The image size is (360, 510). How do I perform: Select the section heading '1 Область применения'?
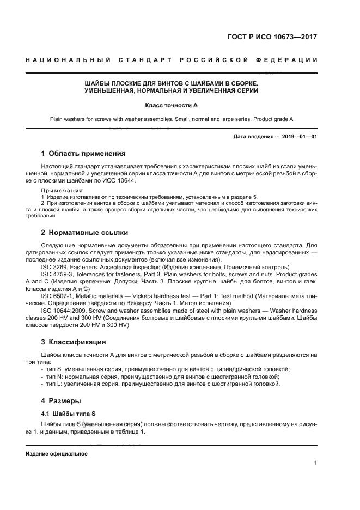(x=83, y=153)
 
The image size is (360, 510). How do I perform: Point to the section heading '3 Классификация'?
(x=74, y=342)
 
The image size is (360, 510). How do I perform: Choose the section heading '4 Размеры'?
(x=62, y=401)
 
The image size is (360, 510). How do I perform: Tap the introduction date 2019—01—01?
(x=297, y=136)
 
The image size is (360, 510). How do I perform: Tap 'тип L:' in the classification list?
(x=55, y=384)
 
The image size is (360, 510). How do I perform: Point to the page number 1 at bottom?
(x=315, y=463)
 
